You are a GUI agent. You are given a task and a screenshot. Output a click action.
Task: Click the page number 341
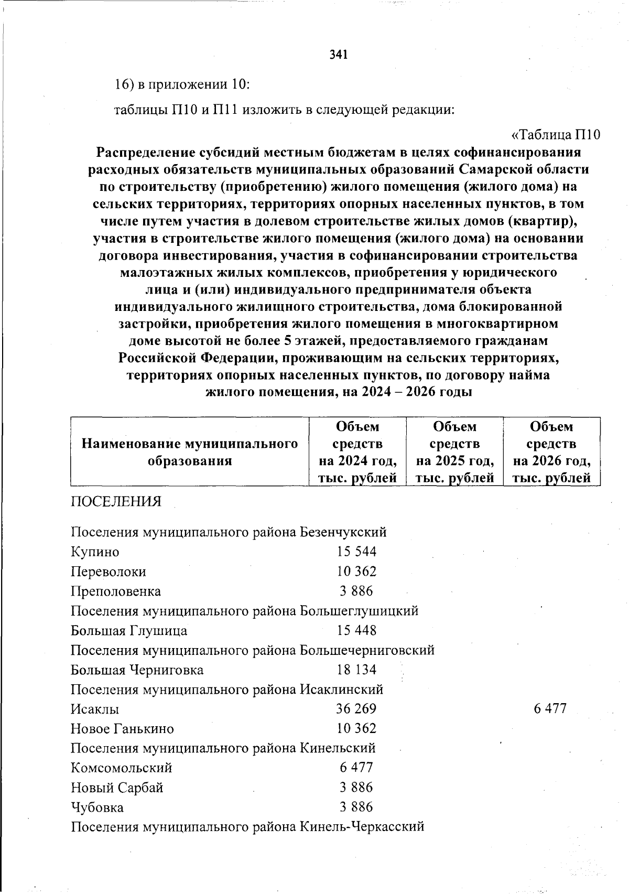point(339,55)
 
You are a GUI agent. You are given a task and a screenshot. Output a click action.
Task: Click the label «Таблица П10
point(555,135)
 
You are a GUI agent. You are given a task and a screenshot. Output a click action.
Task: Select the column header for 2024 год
point(357,452)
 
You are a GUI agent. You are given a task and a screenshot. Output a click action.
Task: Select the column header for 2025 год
point(454,452)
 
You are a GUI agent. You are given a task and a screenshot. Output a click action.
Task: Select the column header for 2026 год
point(551,452)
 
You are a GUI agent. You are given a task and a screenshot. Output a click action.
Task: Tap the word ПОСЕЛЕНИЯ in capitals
point(116,502)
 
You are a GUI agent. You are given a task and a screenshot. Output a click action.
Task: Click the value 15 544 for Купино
point(356,552)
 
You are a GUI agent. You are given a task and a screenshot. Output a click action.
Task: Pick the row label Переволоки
point(109,572)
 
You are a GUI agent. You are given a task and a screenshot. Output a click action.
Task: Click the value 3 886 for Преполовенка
point(356,591)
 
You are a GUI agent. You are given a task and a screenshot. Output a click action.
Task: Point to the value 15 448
point(356,630)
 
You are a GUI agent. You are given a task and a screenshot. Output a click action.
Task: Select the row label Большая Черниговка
point(137,670)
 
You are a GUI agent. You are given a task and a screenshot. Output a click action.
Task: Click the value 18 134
point(356,670)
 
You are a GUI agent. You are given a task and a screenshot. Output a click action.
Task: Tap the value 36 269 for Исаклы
point(356,709)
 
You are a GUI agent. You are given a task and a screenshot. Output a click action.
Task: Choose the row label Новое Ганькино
point(123,729)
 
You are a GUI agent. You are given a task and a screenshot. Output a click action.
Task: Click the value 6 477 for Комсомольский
point(356,768)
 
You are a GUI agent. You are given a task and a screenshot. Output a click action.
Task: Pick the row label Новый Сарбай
point(117,788)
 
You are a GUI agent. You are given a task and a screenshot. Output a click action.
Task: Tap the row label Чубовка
point(97,807)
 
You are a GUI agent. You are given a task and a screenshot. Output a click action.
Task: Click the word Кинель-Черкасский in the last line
point(361,827)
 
